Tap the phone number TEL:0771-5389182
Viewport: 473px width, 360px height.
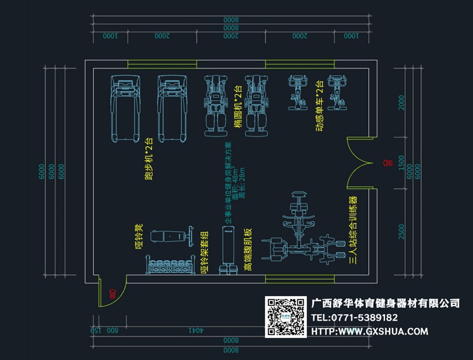pos(358,317)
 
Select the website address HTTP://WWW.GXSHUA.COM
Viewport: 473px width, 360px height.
pos(369,332)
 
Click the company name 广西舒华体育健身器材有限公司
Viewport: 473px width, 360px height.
pos(385,303)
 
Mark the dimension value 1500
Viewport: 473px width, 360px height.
pos(402,163)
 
